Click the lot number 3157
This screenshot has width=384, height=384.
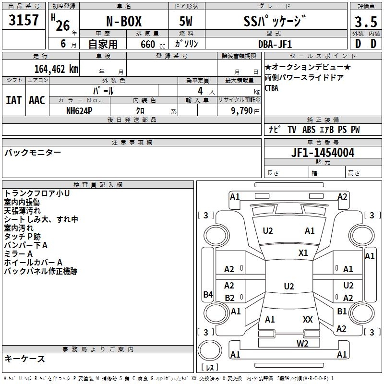coord(24,21)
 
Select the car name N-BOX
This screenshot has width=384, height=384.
coord(123,22)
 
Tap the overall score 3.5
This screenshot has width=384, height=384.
coord(365,22)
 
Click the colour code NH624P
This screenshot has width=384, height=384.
coord(80,110)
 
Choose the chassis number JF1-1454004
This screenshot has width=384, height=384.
coord(323,153)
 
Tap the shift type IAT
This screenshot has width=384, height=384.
coord(13,100)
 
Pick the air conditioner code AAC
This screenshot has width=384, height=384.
coord(37,100)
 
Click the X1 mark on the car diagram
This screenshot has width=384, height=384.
coord(303,252)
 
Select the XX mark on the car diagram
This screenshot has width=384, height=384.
coord(308,319)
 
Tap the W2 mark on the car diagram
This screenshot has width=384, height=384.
coord(302,343)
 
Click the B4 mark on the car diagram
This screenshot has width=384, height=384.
coord(207,295)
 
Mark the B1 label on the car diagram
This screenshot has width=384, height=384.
coord(341,311)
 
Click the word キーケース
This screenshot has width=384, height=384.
coord(24,359)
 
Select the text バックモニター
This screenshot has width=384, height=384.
coord(33,153)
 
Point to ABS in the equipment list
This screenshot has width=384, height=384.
coord(309,130)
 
